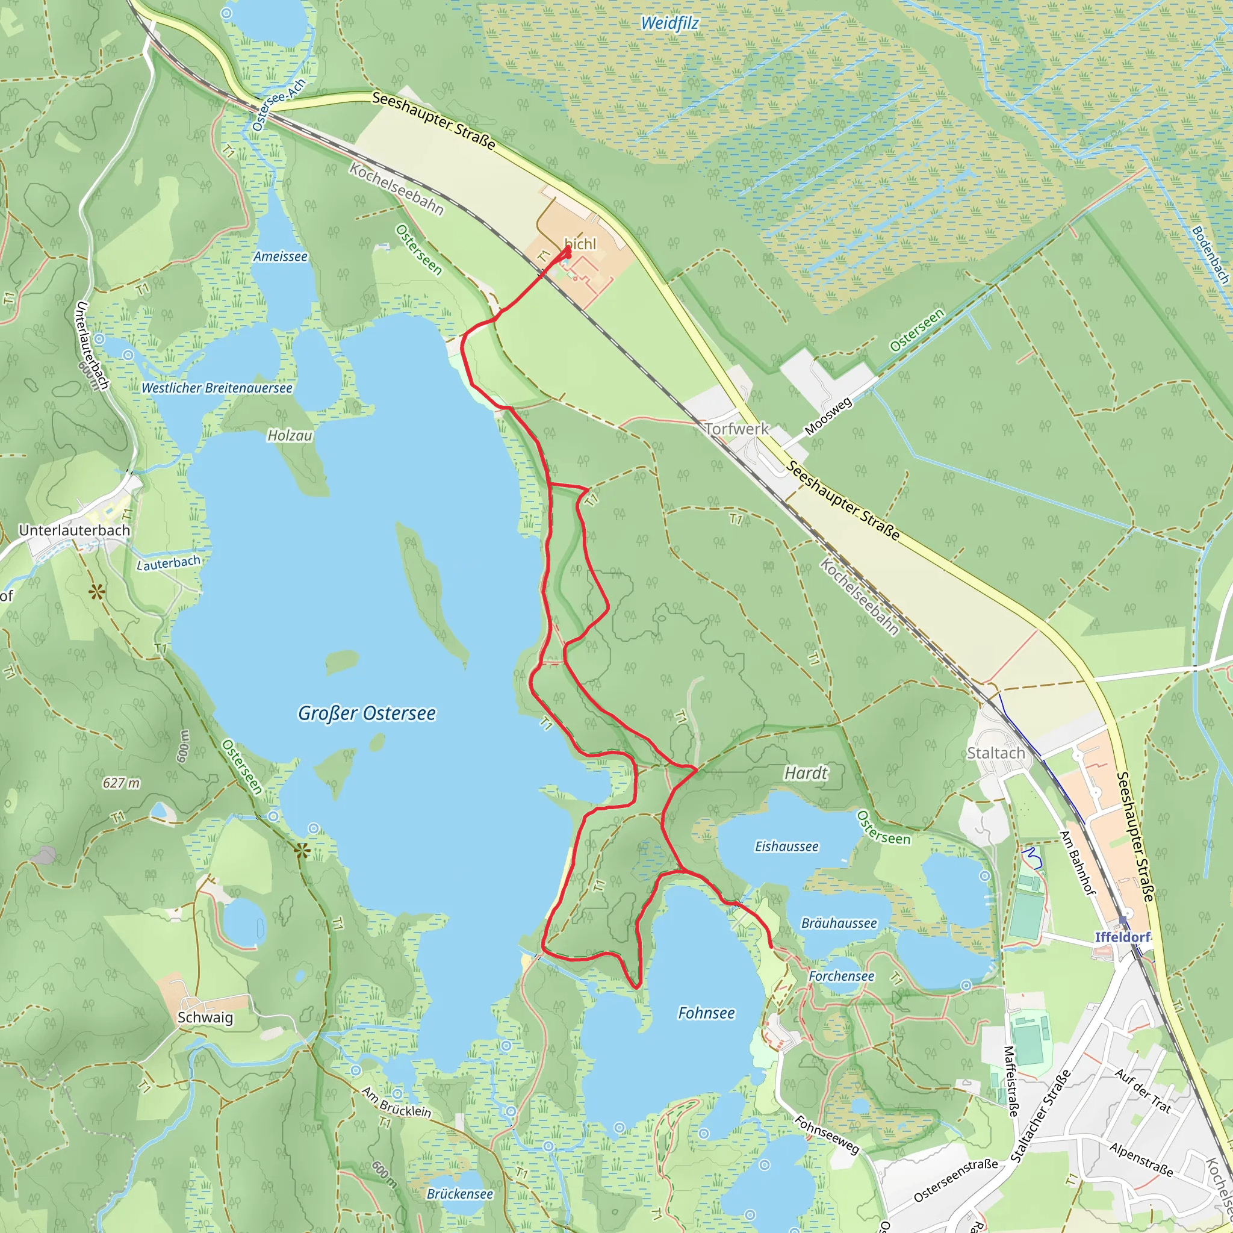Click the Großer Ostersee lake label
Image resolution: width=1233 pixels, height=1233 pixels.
tap(367, 713)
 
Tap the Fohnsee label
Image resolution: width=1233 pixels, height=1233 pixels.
tap(706, 1013)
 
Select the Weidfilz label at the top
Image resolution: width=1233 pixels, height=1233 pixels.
tap(669, 23)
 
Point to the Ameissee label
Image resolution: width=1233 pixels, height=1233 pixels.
tap(280, 256)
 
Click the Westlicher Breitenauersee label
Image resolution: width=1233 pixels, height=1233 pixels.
tap(217, 388)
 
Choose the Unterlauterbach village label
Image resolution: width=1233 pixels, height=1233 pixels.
tap(75, 530)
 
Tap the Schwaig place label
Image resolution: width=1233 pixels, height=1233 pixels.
tap(205, 1017)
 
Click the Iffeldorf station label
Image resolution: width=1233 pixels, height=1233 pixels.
tap(1123, 937)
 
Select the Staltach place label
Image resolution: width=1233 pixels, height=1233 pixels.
tap(996, 753)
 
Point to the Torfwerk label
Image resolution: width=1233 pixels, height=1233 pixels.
tap(736, 429)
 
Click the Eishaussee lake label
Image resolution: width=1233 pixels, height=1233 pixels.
tap(786, 846)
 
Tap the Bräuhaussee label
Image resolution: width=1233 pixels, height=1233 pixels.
tap(839, 923)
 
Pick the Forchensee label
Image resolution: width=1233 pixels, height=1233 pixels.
tap(841, 976)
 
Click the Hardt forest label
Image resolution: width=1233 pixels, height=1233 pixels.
tap(806, 774)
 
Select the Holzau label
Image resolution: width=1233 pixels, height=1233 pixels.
tap(290, 435)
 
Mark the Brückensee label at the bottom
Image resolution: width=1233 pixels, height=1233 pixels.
tap(459, 1193)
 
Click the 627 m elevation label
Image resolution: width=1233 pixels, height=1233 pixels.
tap(121, 783)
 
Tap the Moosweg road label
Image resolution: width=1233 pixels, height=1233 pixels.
tap(828, 416)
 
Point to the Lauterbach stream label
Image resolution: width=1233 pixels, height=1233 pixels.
tap(169, 563)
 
